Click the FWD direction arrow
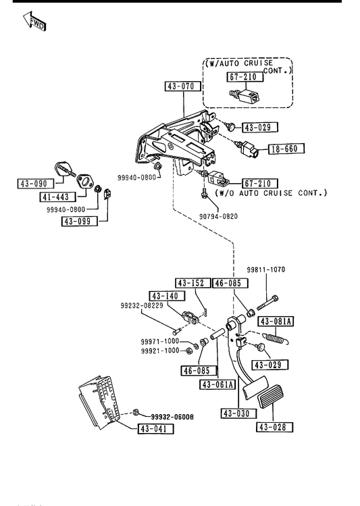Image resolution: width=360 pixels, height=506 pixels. tap(34, 22)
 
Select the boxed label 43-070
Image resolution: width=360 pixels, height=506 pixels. tap(182, 86)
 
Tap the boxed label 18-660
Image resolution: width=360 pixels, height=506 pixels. tap(286, 149)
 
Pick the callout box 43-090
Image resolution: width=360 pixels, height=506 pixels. tap(36, 184)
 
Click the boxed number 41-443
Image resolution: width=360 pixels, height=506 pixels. tap(58, 197)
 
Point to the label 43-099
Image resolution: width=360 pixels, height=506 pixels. tap(80, 222)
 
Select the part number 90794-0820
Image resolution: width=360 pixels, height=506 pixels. tap(218, 216)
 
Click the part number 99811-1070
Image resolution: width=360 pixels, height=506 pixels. tap(266, 270)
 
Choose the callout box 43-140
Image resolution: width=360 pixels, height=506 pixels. tap(168, 296)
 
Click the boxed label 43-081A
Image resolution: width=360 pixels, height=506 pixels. tap(276, 322)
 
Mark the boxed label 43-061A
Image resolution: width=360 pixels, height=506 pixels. tap(217, 384)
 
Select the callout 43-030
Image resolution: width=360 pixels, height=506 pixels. tap(239, 413)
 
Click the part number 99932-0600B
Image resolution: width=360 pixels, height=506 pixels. tap(172, 417)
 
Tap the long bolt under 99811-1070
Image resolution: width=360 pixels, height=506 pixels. tap(267, 303)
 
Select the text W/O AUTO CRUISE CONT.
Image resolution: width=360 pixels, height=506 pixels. tap(271, 193)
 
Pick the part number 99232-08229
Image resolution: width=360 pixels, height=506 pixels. tap(142, 305)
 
